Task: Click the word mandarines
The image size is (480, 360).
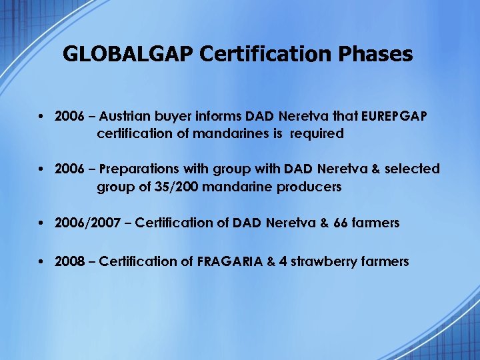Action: point(231,133)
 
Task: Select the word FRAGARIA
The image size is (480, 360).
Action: point(231,261)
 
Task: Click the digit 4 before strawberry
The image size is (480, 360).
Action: point(283,261)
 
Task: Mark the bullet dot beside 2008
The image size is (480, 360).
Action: point(41,261)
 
